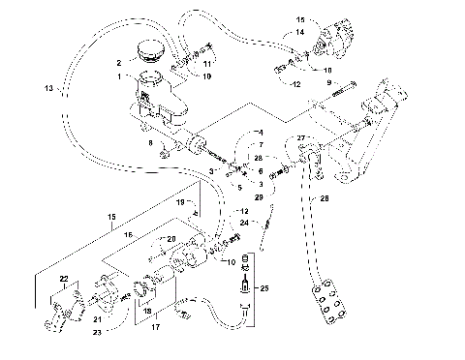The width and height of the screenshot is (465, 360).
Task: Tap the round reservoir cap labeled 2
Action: [x=151, y=50]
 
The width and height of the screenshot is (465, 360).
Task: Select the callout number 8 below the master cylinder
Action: [x=149, y=143]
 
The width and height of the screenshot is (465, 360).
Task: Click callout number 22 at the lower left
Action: [x=63, y=280]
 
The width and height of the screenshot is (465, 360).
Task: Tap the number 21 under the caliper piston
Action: [x=97, y=320]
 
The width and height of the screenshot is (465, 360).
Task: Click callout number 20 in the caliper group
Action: [x=172, y=239]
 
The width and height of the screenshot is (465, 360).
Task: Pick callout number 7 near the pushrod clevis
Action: [x=260, y=144]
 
